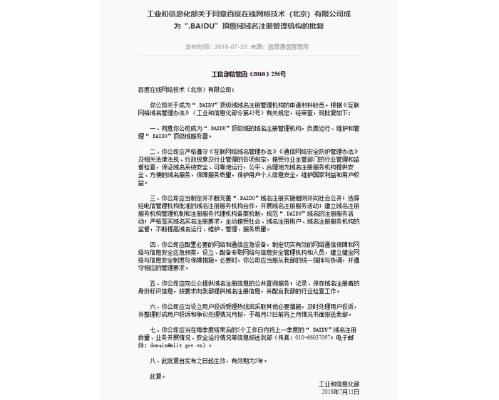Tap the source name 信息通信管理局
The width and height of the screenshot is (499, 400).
tap(288, 46)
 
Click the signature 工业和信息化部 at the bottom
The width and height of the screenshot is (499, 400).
tap(341, 384)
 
